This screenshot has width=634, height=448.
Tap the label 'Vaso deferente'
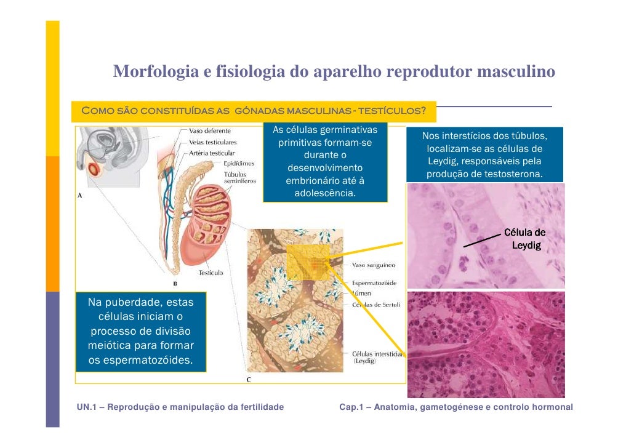click(210, 131)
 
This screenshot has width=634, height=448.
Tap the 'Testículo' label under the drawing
click(211, 273)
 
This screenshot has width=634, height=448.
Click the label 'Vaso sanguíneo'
click(374, 266)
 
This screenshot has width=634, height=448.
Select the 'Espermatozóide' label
click(374, 283)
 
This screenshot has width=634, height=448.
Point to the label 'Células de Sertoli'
click(375, 305)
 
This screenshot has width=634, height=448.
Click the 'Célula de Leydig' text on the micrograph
click(525, 239)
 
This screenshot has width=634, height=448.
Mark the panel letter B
click(174, 284)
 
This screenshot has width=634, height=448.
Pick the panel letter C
click(249, 380)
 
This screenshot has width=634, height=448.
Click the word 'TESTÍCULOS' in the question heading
click(392, 111)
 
